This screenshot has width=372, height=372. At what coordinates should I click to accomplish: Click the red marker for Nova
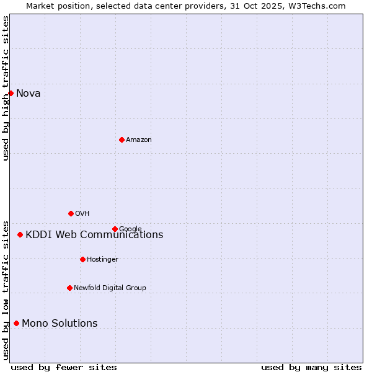click(11, 93)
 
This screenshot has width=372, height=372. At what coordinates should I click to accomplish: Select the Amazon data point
click(122, 139)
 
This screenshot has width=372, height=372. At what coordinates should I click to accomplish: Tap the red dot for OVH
click(71, 213)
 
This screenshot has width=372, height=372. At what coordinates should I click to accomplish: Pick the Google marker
click(115, 229)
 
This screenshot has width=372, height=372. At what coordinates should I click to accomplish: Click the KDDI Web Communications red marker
click(20, 234)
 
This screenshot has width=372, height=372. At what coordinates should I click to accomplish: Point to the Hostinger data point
click(82, 259)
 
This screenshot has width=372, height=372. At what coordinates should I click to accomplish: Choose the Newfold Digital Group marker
click(69, 288)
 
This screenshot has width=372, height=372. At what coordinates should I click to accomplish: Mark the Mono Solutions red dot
click(16, 323)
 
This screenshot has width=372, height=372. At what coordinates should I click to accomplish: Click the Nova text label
click(29, 94)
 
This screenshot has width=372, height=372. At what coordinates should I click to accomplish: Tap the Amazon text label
click(139, 140)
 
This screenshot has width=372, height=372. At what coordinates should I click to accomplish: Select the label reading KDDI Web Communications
click(94, 235)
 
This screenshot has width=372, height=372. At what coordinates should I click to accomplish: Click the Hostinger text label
click(102, 259)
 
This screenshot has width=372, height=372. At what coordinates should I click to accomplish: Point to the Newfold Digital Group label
click(110, 288)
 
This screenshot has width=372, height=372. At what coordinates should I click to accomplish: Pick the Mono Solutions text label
click(60, 324)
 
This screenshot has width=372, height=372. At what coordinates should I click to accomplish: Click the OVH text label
click(82, 214)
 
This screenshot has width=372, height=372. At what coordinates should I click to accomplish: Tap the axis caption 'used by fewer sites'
click(64, 367)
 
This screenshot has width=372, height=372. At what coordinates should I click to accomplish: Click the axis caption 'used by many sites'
click(311, 367)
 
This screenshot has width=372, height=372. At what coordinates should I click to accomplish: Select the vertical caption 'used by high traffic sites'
click(6, 88)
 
